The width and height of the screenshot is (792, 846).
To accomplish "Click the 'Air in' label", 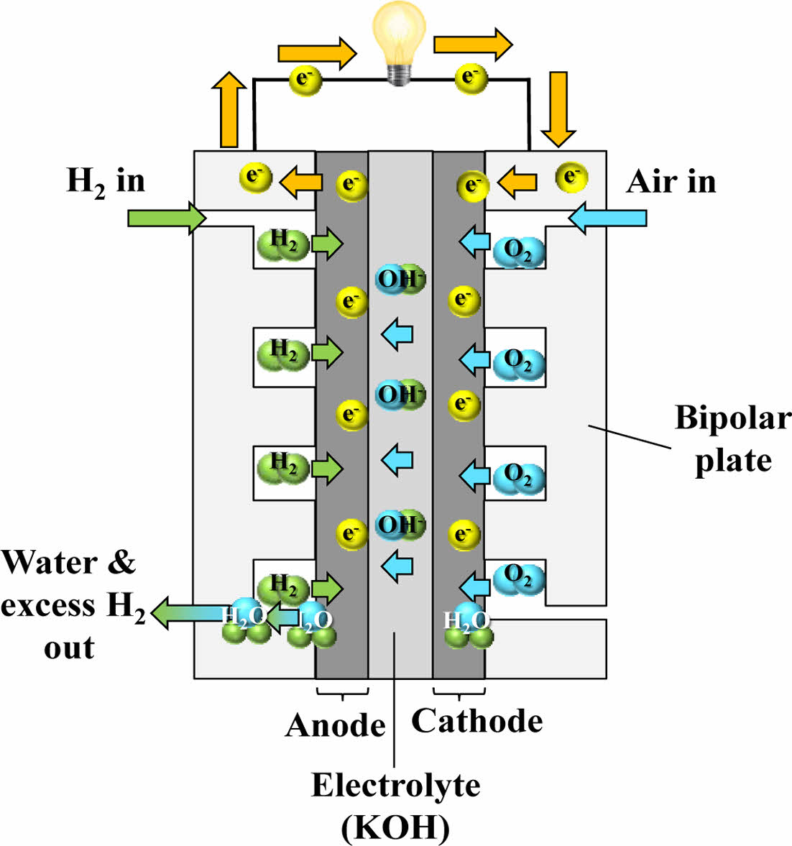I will point(671,181).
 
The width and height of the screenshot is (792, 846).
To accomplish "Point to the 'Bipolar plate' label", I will point(732,438).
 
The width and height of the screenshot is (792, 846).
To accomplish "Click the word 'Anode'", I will point(335,725).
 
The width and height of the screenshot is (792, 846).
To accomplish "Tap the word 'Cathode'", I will point(476,721).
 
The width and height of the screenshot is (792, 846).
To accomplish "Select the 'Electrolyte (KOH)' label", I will point(395,806).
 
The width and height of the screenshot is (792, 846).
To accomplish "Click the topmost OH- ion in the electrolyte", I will point(400,279).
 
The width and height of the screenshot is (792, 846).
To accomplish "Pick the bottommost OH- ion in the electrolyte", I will point(400,525).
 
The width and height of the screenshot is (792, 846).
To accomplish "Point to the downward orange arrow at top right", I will point(558,108).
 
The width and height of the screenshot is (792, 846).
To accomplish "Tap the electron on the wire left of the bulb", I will point(305,78).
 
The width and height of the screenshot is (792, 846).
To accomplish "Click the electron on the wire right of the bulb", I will point(471,77).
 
